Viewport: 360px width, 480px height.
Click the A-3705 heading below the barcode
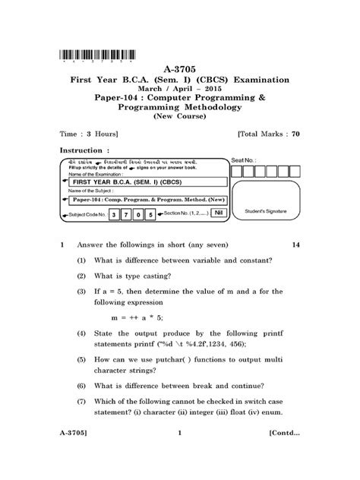180,68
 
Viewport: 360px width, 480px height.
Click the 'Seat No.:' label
252,161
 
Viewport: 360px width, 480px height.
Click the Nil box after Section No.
217,215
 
